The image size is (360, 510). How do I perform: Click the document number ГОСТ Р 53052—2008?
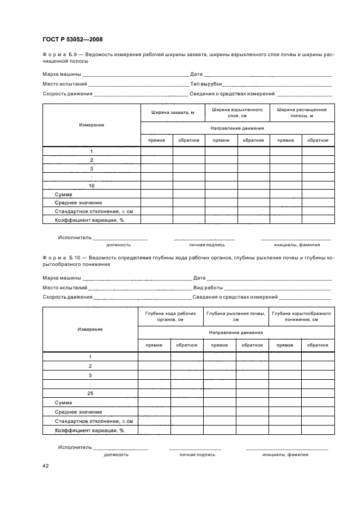click(x=72, y=39)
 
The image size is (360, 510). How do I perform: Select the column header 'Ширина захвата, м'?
click(x=173, y=112)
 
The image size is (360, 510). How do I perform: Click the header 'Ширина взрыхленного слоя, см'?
click(x=237, y=113)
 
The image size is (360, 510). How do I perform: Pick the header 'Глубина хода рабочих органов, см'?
click(x=170, y=317)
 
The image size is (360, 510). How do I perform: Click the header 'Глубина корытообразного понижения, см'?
click(x=302, y=317)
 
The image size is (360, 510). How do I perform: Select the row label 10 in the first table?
click(x=91, y=185)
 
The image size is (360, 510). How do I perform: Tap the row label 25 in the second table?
click(x=90, y=393)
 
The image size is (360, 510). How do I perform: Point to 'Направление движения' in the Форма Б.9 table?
click(x=237, y=128)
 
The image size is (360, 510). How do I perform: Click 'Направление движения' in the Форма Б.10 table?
click(x=236, y=332)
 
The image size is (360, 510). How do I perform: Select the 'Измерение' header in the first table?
click(x=91, y=125)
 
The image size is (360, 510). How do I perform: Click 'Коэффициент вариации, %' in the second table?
click(x=89, y=430)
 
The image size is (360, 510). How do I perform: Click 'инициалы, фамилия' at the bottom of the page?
click(x=285, y=454)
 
